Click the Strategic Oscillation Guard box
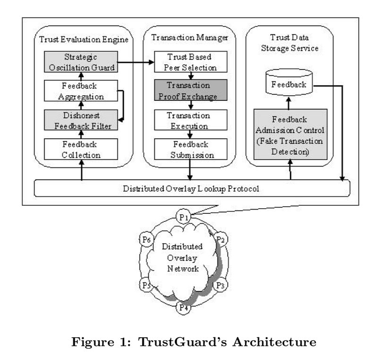click(x=80, y=61)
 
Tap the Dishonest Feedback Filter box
click(x=80, y=120)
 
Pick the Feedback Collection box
click(x=80, y=149)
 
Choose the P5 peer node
click(x=146, y=285)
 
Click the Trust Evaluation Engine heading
click(x=80, y=37)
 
